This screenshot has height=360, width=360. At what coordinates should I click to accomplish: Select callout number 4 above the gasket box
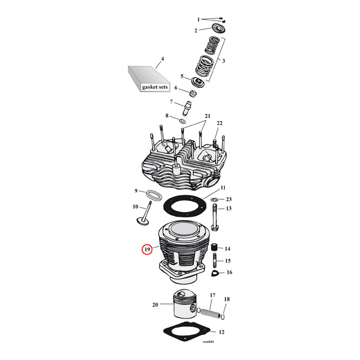(x=162, y=59)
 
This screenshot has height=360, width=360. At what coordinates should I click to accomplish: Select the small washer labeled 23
(x=214, y=199)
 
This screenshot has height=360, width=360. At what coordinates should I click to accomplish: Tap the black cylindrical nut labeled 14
(x=214, y=249)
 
